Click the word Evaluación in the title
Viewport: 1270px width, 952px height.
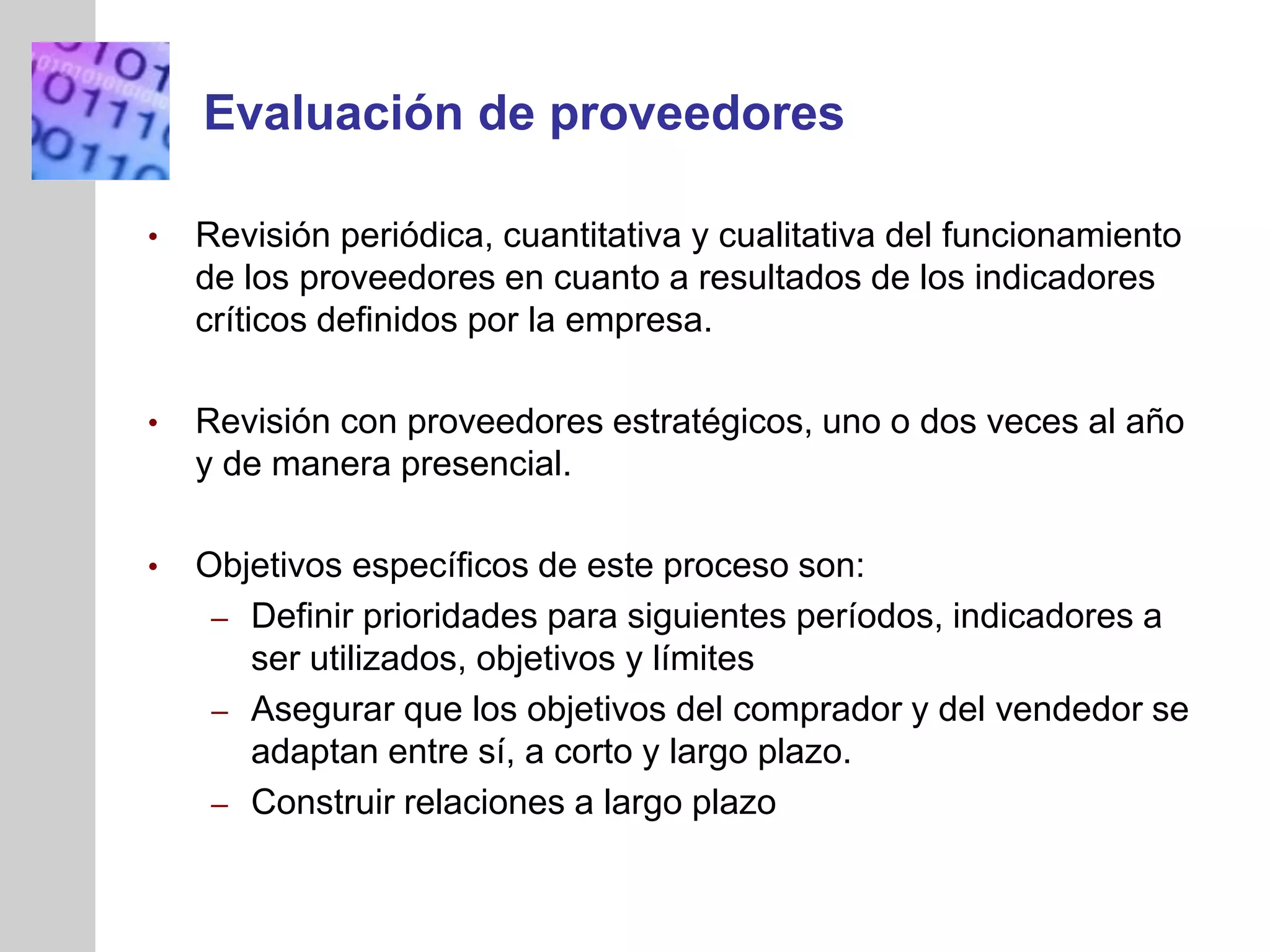[334, 113]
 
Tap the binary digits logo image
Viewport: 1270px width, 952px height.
[100, 111]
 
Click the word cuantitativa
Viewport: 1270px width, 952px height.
[592, 236]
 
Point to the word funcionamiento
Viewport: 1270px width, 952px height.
[1061, 236]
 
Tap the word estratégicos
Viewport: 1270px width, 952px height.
[712, 423]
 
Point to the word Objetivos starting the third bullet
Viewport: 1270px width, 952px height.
[269, 566]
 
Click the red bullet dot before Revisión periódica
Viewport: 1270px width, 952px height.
[153, 237]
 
